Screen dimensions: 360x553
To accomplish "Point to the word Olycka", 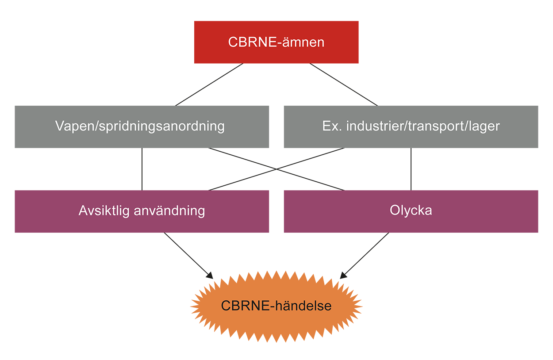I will [x=411, y=211].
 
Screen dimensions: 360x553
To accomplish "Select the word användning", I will [x=169, y=211].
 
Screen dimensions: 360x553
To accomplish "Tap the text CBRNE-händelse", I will [x=276, y=306].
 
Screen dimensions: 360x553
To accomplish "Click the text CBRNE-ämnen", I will [x=276, y=42].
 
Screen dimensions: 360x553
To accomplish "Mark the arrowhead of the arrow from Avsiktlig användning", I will [x=211, y=276].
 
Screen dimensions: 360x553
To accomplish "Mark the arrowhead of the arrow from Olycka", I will [x=342, y=276].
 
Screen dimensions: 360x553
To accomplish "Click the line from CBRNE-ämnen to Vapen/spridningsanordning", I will [x=209, y=84].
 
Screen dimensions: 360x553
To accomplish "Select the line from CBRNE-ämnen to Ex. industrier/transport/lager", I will [x=343, y=84].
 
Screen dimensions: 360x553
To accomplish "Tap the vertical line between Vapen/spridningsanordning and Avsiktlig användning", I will [x=142, y=169].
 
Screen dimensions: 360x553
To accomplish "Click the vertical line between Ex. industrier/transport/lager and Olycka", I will [x=411, y=169].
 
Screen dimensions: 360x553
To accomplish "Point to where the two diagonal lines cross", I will [x=276, y=169].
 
